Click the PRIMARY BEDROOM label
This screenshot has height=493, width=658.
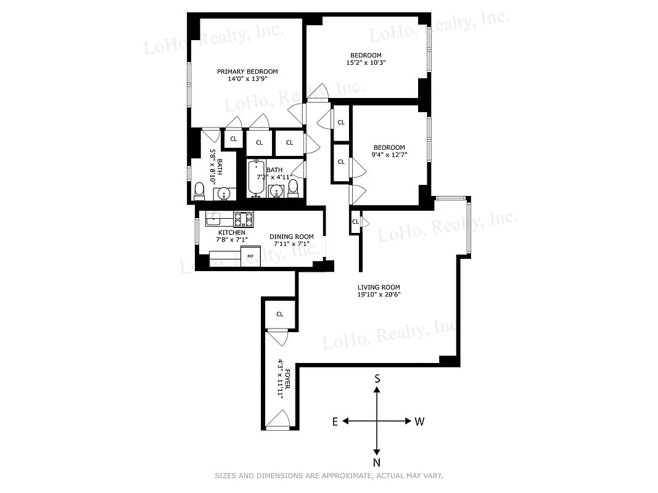[247, 71]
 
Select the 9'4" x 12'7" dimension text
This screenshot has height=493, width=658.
[389, 155]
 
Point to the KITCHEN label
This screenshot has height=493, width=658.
[231, 232]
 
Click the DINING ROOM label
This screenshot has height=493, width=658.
[291, 237]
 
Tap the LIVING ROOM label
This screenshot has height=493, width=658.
[379, 287]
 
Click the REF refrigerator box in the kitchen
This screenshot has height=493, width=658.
[250, 256]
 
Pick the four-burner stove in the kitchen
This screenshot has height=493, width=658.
[243, 217]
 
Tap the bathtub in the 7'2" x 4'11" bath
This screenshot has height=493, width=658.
[257, 177]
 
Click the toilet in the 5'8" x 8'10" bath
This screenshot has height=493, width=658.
[199, 192]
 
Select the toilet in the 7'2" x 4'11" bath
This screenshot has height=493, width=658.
[294, 187]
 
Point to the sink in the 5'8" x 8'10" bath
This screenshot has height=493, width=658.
[224, 194]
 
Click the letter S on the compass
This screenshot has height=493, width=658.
[377, 379]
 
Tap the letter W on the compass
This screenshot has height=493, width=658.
[419, 422]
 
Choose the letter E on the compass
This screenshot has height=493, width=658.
[335, 422]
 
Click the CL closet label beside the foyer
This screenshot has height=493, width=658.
[279, 314]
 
